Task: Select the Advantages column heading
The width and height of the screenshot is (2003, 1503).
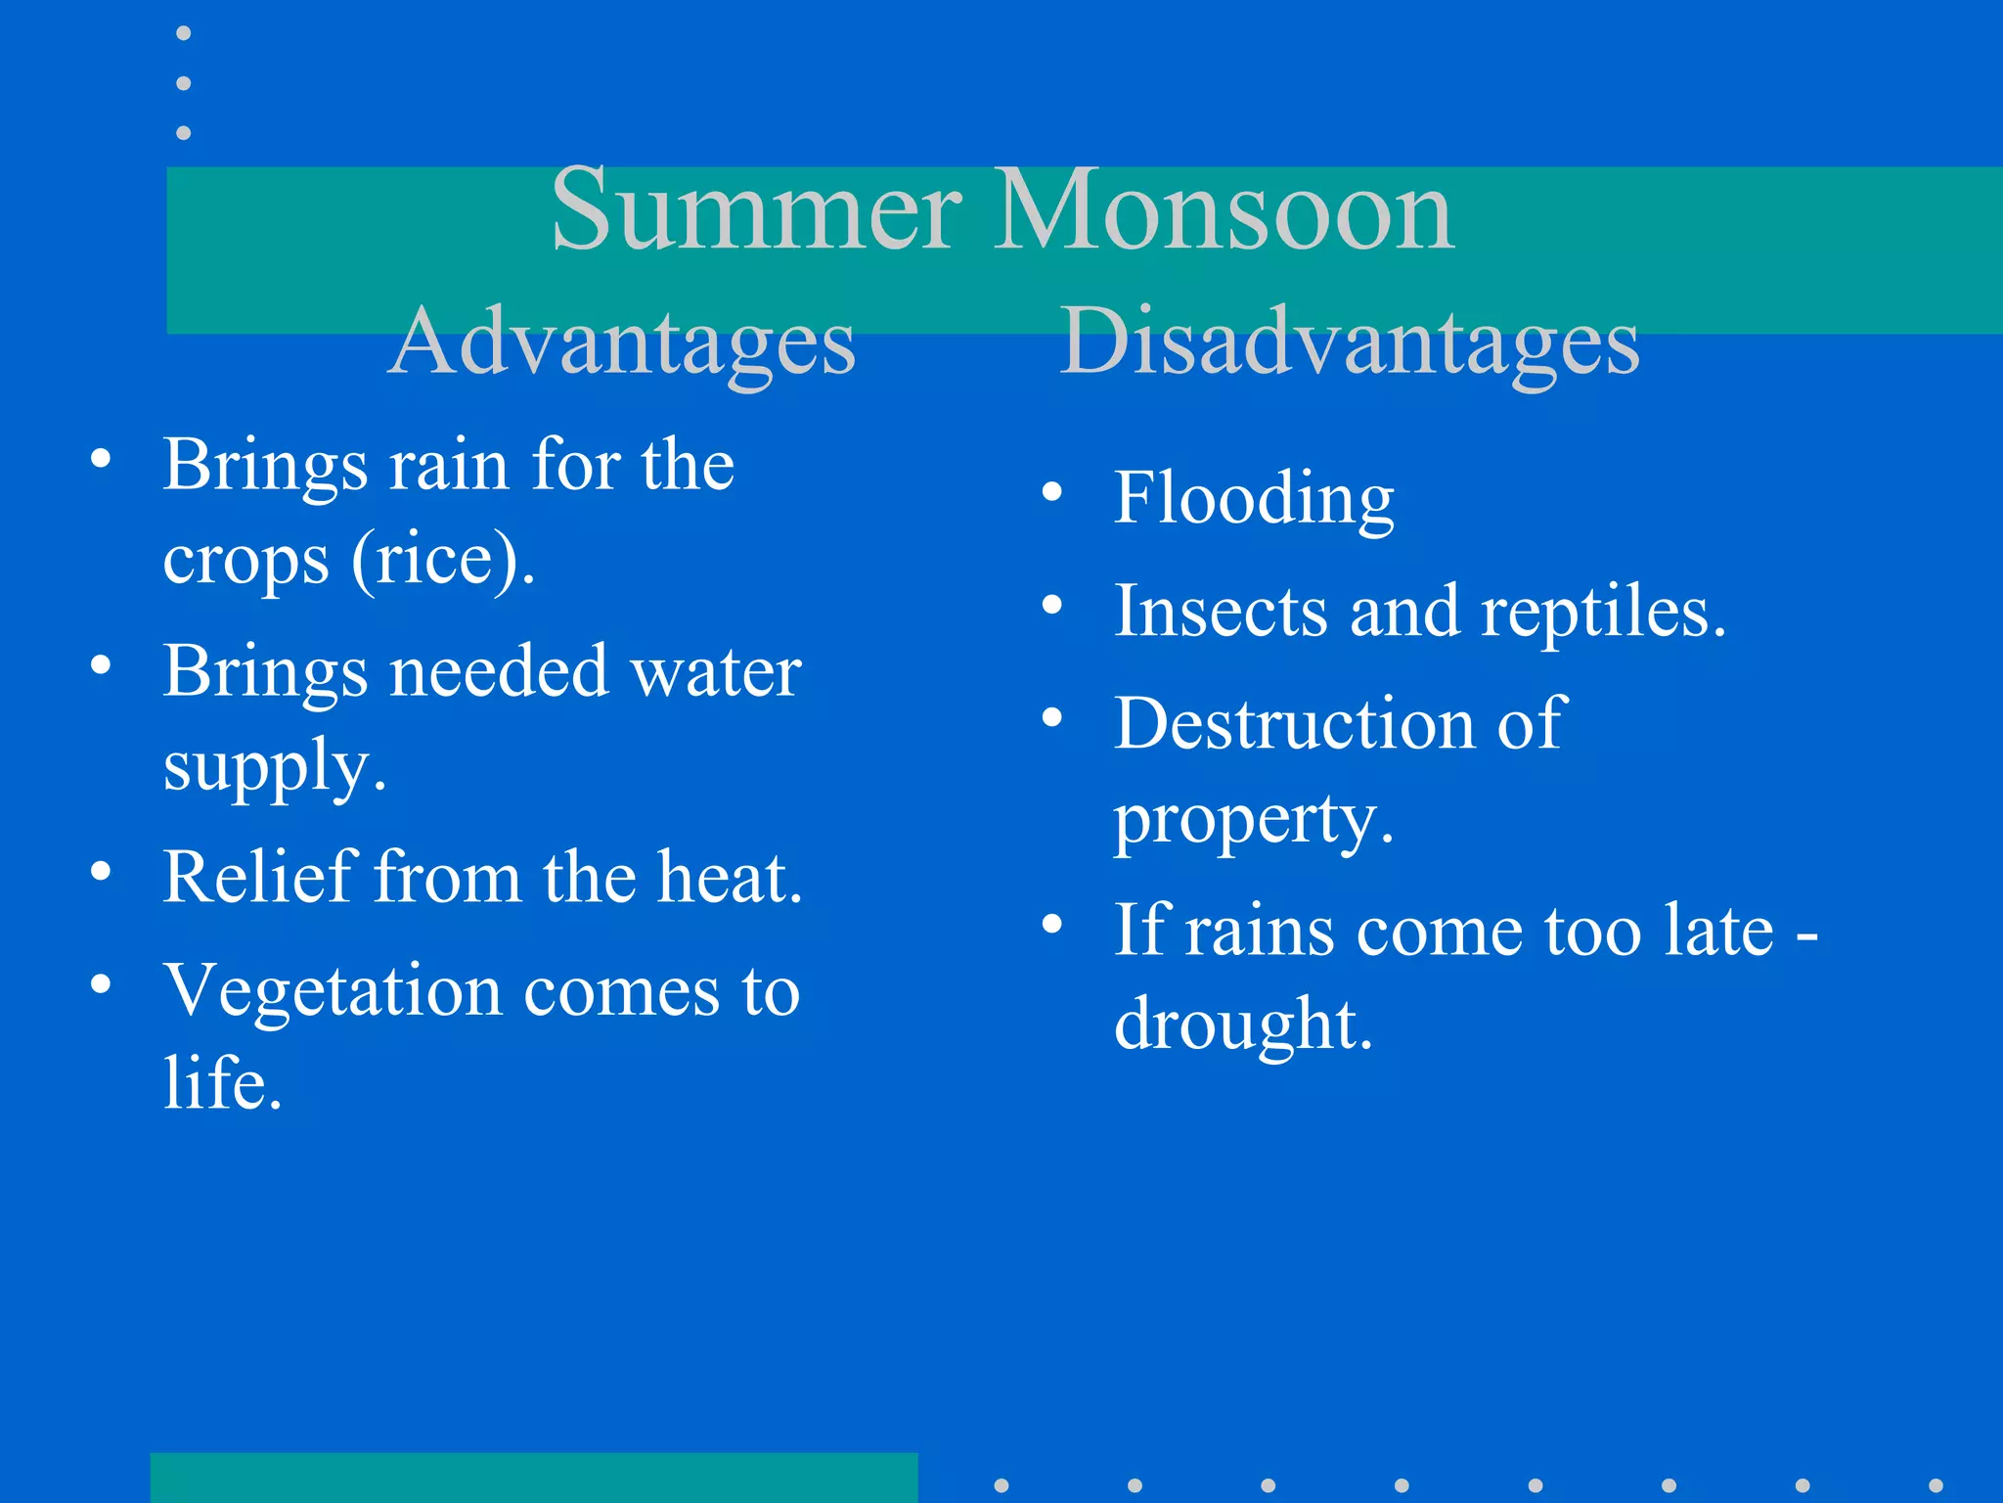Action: pyautogui.click(x=622, y=342)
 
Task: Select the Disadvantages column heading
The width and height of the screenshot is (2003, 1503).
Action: pyautogui.click(x=1350, y=342)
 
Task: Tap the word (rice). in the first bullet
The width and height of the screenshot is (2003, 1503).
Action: pyautogui.click(x=443, y=560)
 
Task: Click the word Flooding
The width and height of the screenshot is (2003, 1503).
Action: pyautogui.click(x=1254, y=498)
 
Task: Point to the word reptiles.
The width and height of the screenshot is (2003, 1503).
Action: pyautogui.click(x=1603, y=613)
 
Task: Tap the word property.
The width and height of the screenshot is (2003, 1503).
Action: pyautogui.click(x=1254, y=820)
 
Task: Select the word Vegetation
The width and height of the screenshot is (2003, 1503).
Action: pyautogui.click(x=332, y=991)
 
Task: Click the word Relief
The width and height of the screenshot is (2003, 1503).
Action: pyautogui.click(x=257, y=877)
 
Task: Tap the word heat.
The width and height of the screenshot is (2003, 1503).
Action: pyautogui.click(x=730, y=877)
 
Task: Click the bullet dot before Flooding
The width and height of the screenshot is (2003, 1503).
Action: pyautogui.click(x=1051, y=492)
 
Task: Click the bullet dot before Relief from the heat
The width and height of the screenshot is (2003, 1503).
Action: pyautogui.click(x=101, y=871)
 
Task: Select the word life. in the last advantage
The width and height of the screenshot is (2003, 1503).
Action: pyautogui.click(x=223, y=1084)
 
